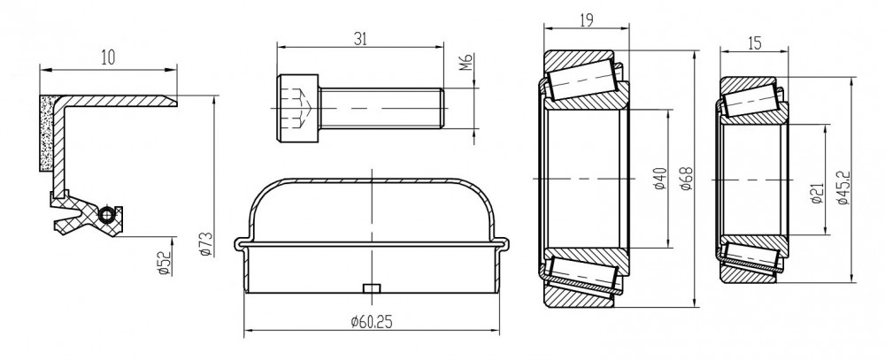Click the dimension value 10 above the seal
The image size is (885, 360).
[108, 57]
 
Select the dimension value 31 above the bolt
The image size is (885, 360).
[360, 39]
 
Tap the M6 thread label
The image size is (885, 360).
[466, 62]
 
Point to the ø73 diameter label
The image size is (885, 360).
[206, 244]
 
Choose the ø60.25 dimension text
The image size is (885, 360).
[372, 322]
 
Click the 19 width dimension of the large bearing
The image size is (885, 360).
[587, 21]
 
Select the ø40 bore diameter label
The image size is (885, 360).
[660, 179]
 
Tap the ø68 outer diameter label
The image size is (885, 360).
[687, 179]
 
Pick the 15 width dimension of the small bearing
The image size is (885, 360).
[754, 42]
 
